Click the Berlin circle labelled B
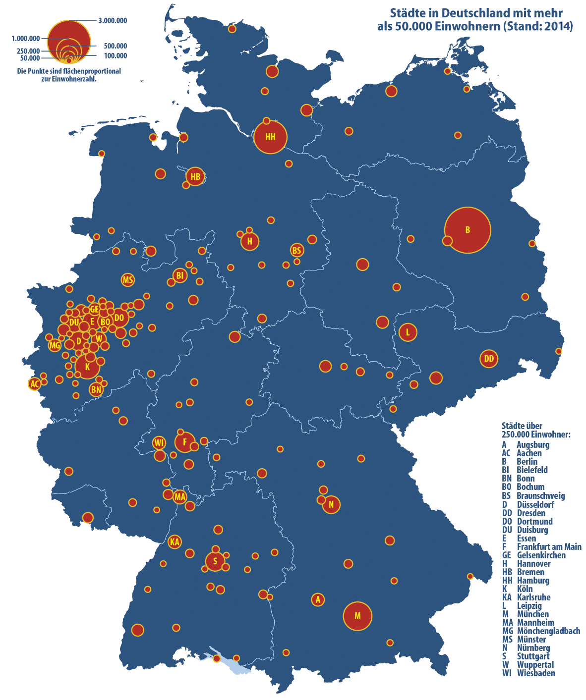pos(468,230)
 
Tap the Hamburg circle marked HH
pos(270,137)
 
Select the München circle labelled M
pos(357,616)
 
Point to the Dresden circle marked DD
pos(489,359)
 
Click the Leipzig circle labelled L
pos(408,332)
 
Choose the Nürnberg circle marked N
pos(331,505)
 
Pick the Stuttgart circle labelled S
pos(215,561)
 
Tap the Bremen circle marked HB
pos(195,176)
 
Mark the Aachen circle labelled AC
pos(34,384)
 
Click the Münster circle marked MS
pos(128,280)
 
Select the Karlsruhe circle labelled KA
pos(175,542)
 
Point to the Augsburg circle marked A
pos(318,599)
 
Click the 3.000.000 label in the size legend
pos(113,21)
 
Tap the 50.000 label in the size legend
pos(30,58)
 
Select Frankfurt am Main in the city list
pos(549,546)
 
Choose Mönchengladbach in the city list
pos(548,631)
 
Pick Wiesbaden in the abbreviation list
pos(535,673)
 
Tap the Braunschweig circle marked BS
pos(296,251)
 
